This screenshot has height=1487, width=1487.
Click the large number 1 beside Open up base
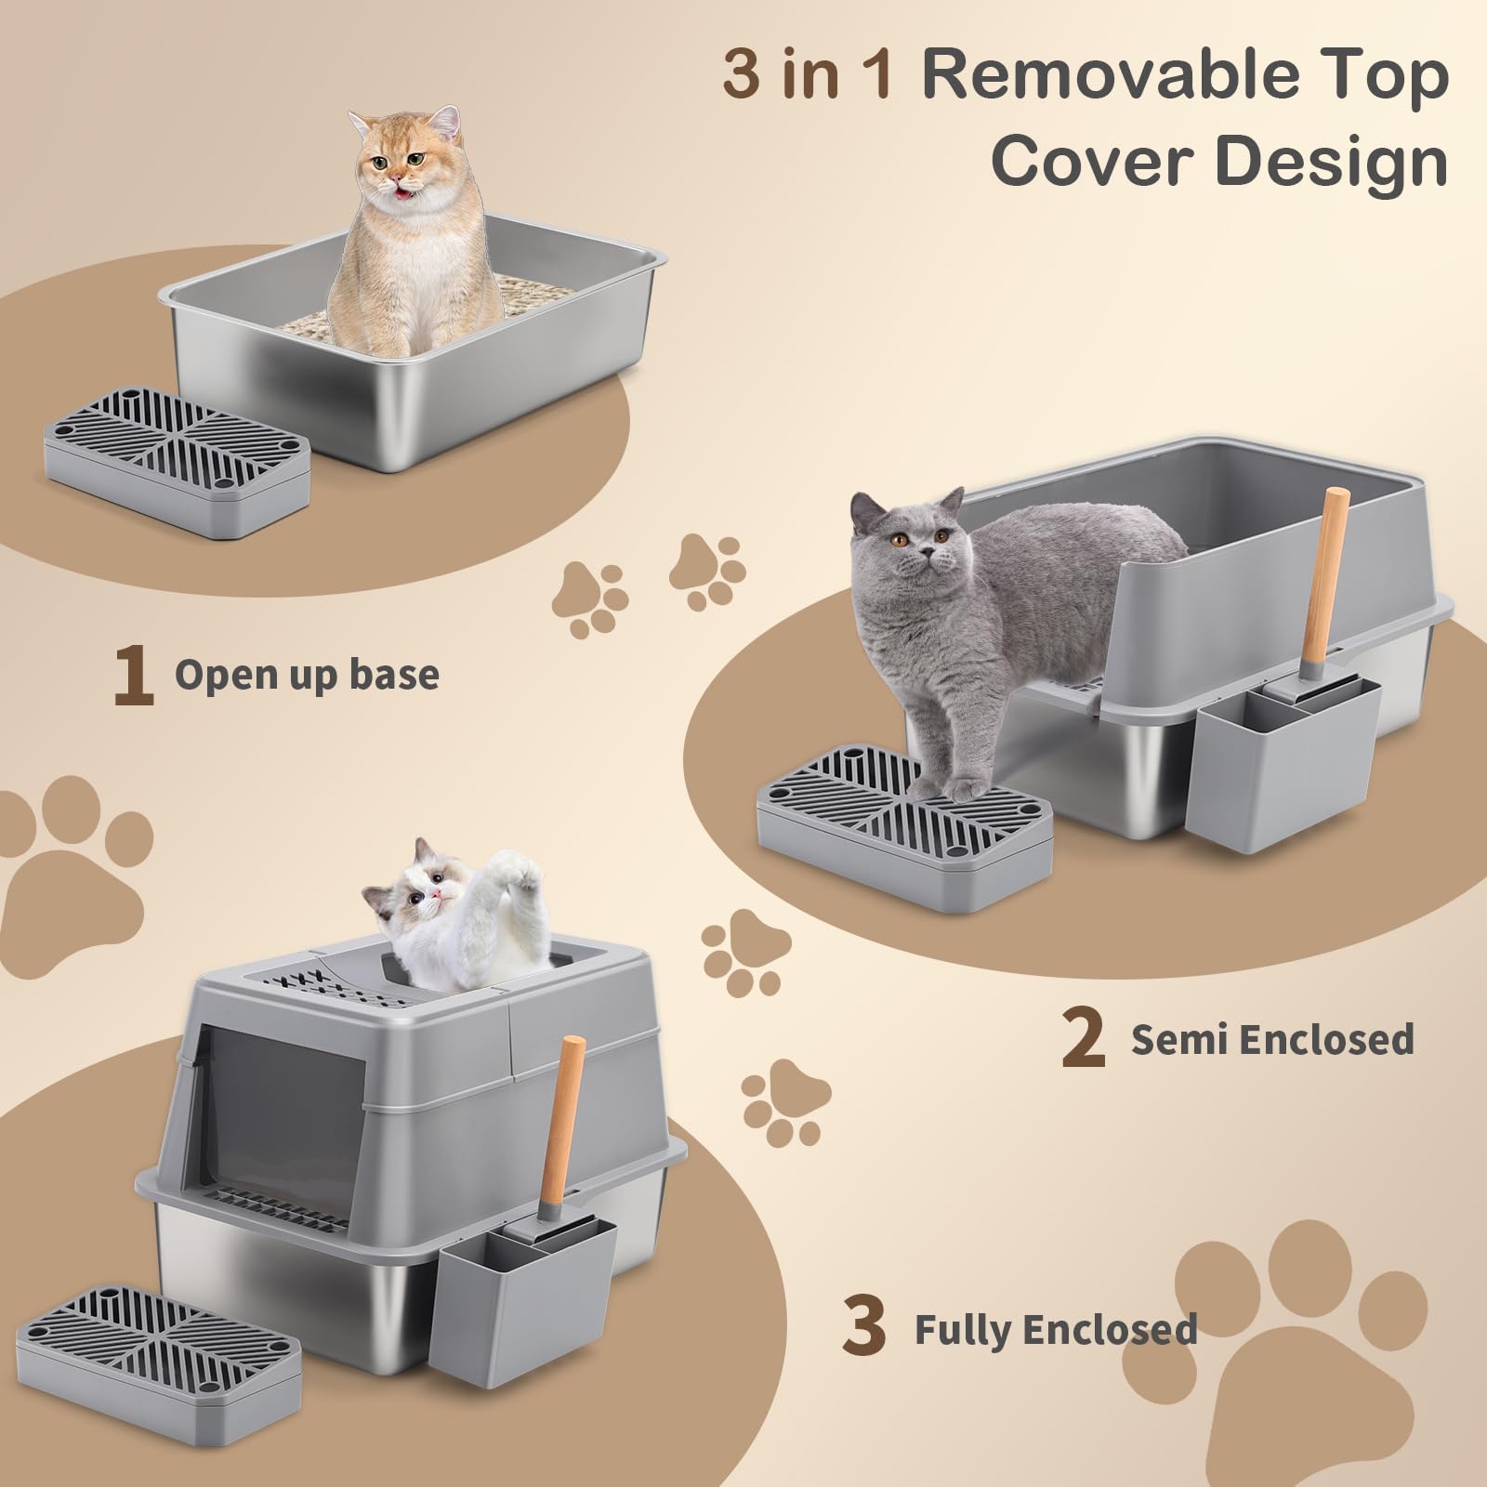133,678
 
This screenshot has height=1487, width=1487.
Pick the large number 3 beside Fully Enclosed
863,1329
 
